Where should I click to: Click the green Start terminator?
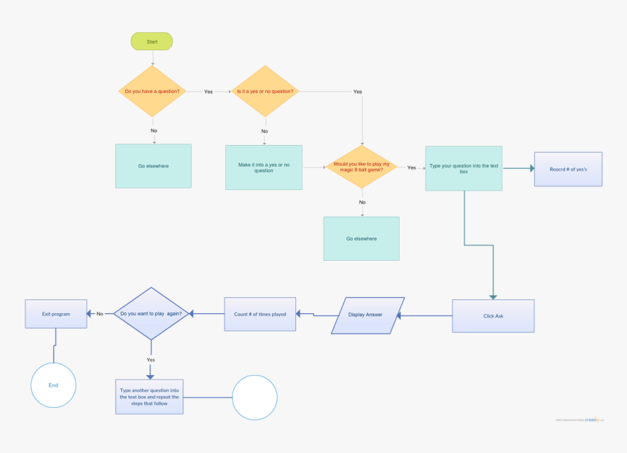tap(152, 42)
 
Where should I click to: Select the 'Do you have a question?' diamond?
tap(152, 92)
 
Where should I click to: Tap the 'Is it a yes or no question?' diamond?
tap(265, 92)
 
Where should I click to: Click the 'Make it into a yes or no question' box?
tap(263, 168)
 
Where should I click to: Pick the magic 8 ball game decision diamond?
tap(362, 168)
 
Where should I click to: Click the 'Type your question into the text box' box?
tap(464, 168)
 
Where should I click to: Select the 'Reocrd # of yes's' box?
tap(568, 169)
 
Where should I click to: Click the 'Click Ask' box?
tap(493, 316)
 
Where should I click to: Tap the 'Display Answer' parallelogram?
tap(367, 315)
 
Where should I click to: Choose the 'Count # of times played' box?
tap(260, 314)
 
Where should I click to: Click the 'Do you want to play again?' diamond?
tap(151, 314)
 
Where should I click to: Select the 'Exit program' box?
tap(56, 314)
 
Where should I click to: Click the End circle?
tap(53, 385)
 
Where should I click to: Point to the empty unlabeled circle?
tap(254, 398)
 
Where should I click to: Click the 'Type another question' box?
tap(149, 397)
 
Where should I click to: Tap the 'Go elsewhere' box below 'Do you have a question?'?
tap(153, 166)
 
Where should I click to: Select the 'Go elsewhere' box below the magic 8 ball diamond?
tap(361, 238)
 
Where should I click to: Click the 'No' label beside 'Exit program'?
tap(100, 314)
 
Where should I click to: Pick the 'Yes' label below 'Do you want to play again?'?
tap(150, 360)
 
